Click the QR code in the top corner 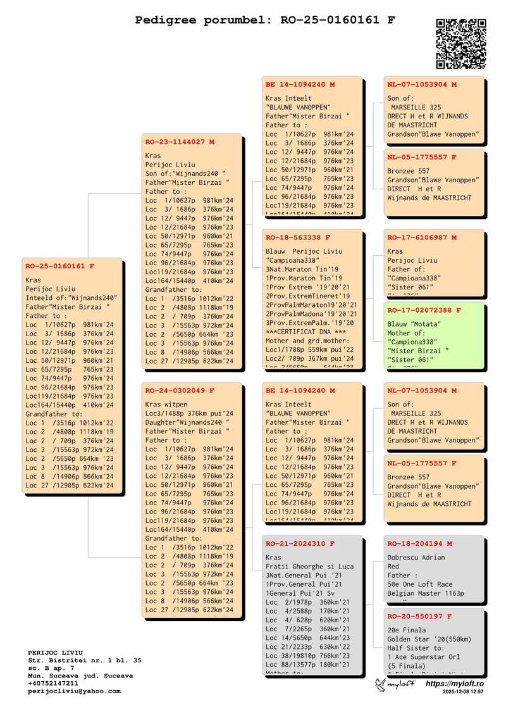tap(461, 44)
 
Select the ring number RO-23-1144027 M tap(180, 142)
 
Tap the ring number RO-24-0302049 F tap(180, 391)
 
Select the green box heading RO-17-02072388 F tap(424, 310)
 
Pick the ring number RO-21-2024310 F tap(300, 543)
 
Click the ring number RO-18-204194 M tap(419, 543)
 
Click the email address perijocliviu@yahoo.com tap(74, 691)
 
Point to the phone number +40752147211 tap(54, 684)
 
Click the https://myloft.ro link tap(455, 684)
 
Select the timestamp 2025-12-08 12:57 tap(463, 693)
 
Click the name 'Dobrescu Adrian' tap(416, 558)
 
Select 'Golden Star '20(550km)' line tap(428, 639)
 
